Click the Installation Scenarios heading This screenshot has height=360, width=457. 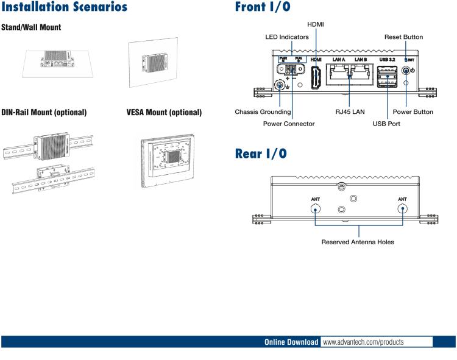pos(65,7)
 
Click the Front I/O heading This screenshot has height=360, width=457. pos(263,7)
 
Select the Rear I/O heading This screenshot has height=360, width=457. pos(261,154)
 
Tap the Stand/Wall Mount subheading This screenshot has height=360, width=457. pos(31,28)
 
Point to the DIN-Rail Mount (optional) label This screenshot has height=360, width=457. pos(44,113)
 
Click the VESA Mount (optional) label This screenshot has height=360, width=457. pos(164,113)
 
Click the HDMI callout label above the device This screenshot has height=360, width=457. pos(316,24)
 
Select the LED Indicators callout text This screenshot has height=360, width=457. pos(287,37)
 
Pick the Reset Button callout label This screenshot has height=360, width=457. pos(403,37)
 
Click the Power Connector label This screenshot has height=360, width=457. pos(289,124)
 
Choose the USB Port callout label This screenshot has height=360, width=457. pos(386,124)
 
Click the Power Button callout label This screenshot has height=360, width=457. pos(413,112)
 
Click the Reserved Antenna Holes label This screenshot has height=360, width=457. pos(358,242)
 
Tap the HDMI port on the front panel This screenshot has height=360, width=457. pos(317,78)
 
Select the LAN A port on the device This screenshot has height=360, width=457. pos(339,76)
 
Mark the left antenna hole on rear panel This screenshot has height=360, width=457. pos(315,209)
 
